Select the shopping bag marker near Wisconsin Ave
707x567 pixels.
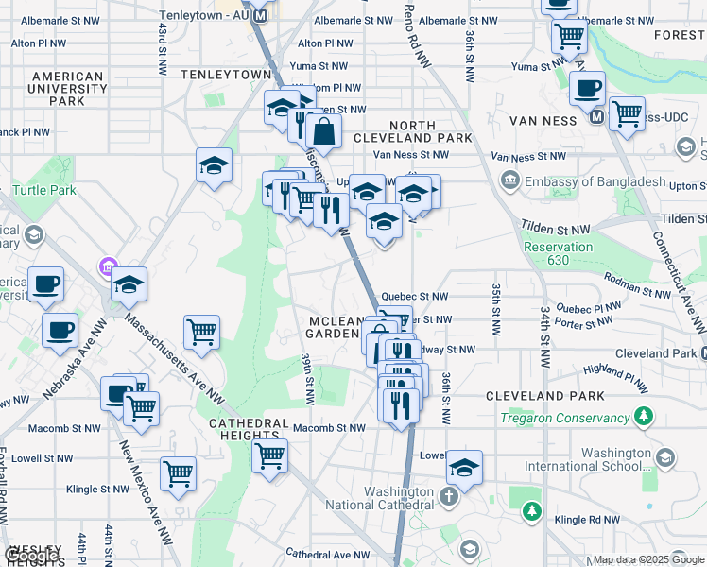[x=323, y=133]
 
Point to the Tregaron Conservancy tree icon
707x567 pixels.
[x=644, y=416]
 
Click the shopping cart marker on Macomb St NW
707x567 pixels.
[x=270, y=456]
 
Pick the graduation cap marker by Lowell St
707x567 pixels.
[x=464, y=468]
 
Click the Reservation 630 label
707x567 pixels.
[x=558, y=253]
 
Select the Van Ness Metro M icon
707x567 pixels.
[x=596, y=117]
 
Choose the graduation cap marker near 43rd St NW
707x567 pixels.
[x=215, y=165]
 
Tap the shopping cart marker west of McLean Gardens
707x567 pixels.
[x=201, y=333]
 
